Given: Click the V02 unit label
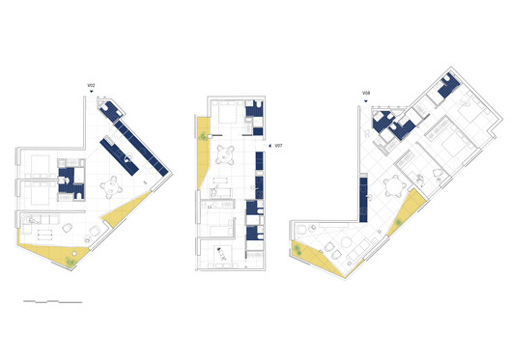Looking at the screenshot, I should (91, 87).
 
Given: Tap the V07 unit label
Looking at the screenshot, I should (279, 147).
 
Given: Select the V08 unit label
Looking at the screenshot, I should (367, 93).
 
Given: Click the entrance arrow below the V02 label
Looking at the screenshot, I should (92, 96).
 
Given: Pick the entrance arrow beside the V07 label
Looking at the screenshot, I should (269, 147).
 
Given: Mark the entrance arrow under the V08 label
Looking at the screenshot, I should (368, 101).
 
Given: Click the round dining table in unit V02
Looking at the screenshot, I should (114, 183).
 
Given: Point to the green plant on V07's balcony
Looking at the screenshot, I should (204, 139).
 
